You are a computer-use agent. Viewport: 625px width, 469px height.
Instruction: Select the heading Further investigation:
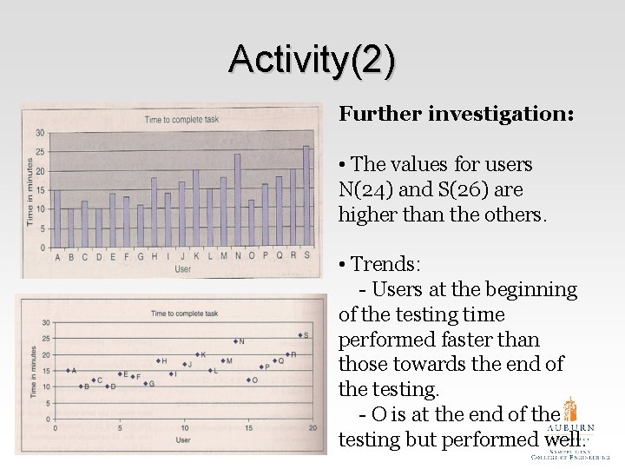click(x=456, y=114)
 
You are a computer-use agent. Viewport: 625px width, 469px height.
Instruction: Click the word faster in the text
click(x=509, y=340)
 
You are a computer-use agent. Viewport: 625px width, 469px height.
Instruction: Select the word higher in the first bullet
click(x=368, y=215)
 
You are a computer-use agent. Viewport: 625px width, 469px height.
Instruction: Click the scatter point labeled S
click(x=298, y=335)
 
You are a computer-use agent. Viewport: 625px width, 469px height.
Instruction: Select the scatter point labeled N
click(x=235, y=342)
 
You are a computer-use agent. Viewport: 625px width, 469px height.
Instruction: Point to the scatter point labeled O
click(x=248, y=380)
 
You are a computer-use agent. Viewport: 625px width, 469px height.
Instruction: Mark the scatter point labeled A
click(x=68, y=371)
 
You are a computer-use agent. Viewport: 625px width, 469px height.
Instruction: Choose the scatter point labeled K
click(x=196, y=354)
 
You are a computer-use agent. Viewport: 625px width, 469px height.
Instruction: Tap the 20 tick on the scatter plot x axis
click(x=312, y=428)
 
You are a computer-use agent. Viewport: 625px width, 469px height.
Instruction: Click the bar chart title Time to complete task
click(x=180, y=119)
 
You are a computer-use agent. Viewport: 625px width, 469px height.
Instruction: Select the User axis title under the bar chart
click(x=183, y=269)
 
